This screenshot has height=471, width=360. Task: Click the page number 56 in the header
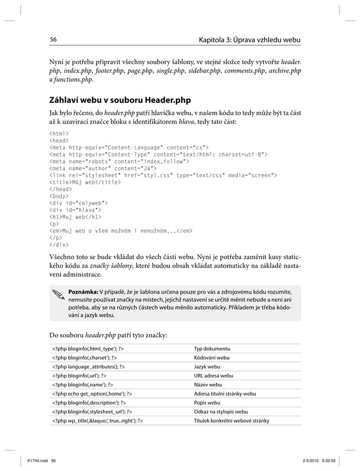53,40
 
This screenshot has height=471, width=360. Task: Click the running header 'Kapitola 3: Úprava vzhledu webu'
250,40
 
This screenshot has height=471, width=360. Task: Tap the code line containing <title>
85,183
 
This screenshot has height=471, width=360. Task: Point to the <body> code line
59,196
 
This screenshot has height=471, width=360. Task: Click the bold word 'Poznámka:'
83,292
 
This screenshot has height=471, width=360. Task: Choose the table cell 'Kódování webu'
212,357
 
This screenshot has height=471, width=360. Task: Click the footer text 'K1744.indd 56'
36,461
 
